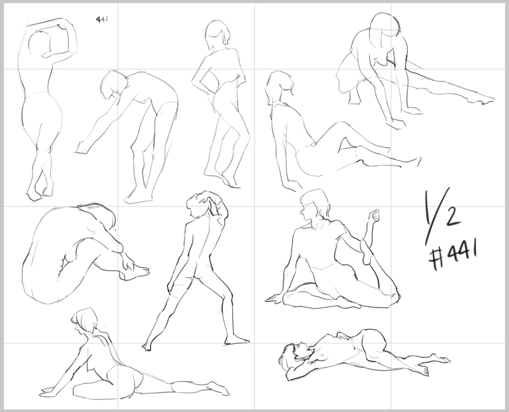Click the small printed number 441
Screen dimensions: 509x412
[x=102, y=20]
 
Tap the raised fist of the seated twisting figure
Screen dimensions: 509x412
[x=375, y=216]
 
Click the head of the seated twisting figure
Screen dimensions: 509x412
[x=314, y=204]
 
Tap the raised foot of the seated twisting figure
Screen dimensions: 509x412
[x=366, y=251]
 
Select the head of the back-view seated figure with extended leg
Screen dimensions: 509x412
[x=85, y=321]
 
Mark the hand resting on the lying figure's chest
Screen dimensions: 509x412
[x=344, y=337]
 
